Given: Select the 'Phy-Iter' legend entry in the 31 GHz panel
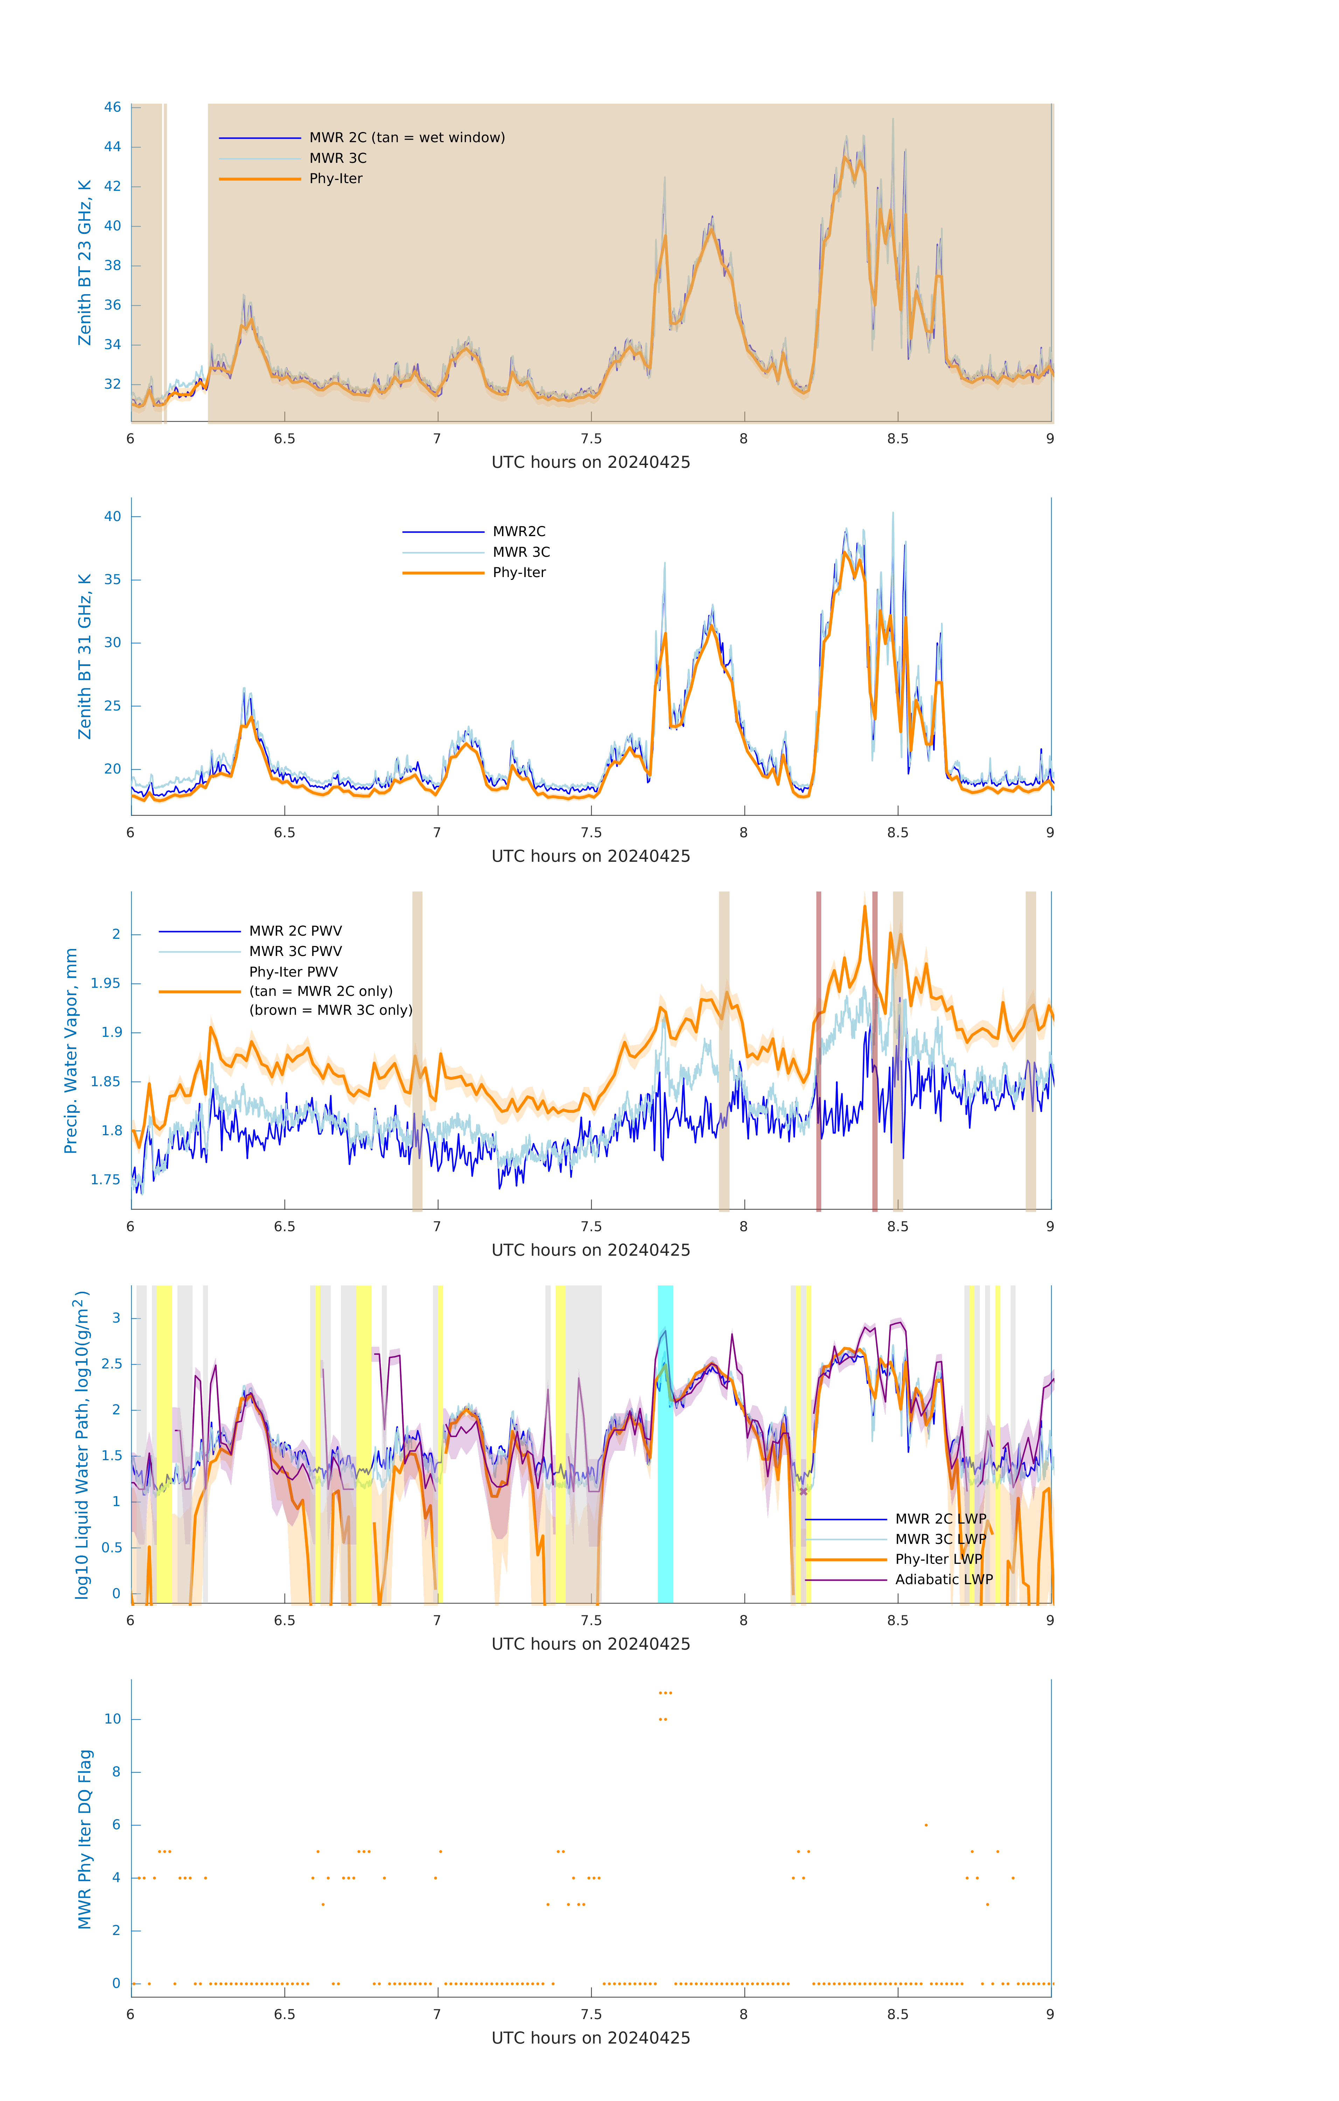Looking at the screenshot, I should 519,573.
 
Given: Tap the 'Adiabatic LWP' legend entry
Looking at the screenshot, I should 943,1579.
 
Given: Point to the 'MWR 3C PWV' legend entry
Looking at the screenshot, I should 295,951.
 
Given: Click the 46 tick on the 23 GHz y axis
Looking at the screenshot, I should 112,107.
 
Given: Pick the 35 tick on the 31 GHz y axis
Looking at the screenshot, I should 112,579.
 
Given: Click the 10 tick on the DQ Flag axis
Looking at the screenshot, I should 112,1719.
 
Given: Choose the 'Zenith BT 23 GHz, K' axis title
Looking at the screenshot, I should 85,263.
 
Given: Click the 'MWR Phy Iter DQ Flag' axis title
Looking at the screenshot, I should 85,1838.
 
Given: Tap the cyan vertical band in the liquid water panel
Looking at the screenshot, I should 665,1444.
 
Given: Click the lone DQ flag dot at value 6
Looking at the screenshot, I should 926,1824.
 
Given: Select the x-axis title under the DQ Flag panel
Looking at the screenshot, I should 591,2038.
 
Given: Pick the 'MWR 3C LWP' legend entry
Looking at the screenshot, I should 940,1539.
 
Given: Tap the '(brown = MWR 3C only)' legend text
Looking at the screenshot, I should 330,1010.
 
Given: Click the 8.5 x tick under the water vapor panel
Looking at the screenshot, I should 898,1227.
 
